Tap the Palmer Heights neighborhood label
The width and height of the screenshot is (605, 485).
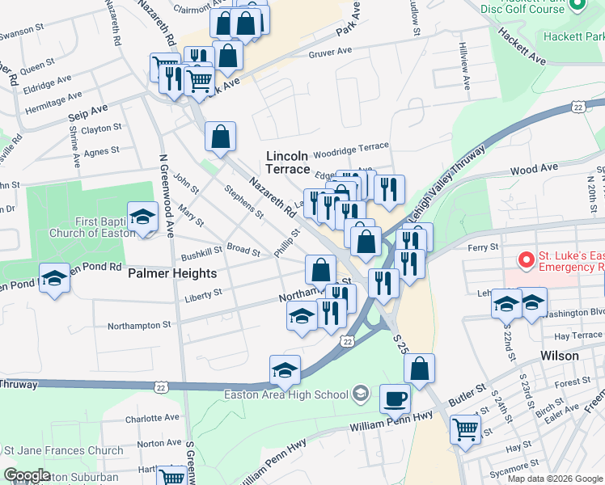point(172,273)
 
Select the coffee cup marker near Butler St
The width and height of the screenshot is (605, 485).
point(395,399)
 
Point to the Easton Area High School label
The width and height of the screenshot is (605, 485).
point(286,394)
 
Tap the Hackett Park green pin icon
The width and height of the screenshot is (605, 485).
point(577,5)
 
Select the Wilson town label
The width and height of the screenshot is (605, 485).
point(559,356)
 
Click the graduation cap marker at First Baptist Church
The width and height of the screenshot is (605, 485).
point(143,217)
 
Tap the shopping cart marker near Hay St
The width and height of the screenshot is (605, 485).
point(465,428)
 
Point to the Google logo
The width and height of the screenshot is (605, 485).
point(27,476)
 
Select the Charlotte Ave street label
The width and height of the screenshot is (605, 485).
point(152,419)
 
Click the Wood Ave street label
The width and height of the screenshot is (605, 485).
point(534,168)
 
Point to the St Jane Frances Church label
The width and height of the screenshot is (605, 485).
point(64,450)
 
